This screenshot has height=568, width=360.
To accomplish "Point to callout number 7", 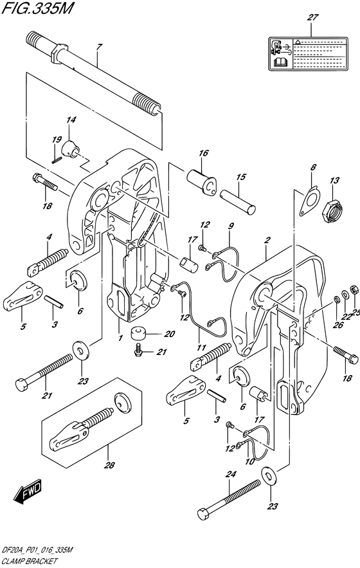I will click(x=98, y=47).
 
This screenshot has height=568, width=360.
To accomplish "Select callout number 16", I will click(x=203, y=154).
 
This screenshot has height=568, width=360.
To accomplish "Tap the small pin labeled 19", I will click(x=57, y=152).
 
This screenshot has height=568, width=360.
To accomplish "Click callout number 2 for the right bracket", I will click(x=266, y=241).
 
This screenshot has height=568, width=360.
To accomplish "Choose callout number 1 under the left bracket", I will click(x=120, y=320).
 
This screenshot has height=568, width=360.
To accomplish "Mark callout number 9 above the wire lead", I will click(x=231, y=226).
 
